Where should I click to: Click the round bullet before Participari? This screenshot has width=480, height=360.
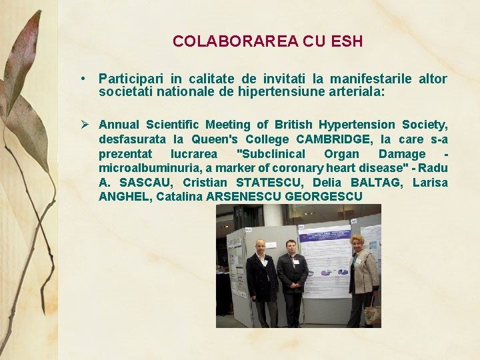click(82, 79)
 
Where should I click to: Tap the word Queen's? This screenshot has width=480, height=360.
click(211, 139)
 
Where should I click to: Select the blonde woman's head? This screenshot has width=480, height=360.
click(358, 242)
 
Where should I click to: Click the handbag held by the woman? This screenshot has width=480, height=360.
click(372, 314)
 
